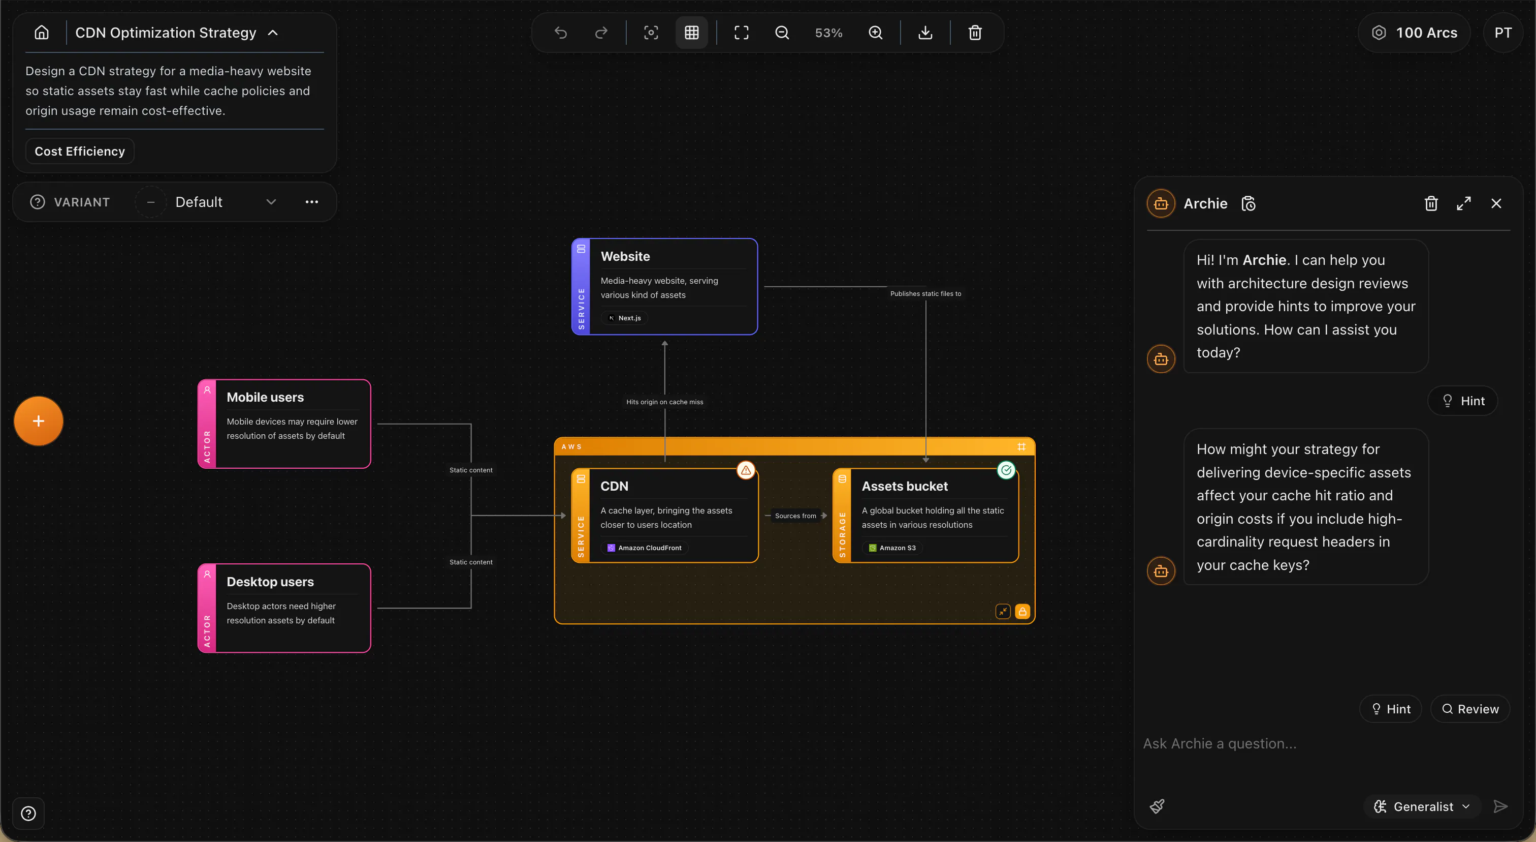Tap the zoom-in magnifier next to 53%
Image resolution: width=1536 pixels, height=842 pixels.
tap(875, 33)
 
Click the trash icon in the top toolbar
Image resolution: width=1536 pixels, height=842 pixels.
tap(975, 33)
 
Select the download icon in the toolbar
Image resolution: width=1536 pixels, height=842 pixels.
tap(925, 33)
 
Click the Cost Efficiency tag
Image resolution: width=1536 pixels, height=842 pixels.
tap(80, 151)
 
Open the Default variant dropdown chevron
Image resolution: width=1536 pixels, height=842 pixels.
tap(271, 202)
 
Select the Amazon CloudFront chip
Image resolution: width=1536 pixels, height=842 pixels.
tap(645, 548)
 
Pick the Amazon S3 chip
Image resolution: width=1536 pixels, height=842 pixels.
tap(892, 548)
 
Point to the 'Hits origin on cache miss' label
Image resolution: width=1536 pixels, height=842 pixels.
tap(665, 402)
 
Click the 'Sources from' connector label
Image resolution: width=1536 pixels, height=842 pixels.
tap(795, 516)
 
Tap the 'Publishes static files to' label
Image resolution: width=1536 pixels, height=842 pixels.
tap(925, 293)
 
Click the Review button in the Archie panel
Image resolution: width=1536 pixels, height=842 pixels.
tap(1470, 709)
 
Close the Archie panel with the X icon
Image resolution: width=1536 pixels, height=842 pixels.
tap(1496, 203)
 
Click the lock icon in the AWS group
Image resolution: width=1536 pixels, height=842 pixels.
tap(1022, 612)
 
